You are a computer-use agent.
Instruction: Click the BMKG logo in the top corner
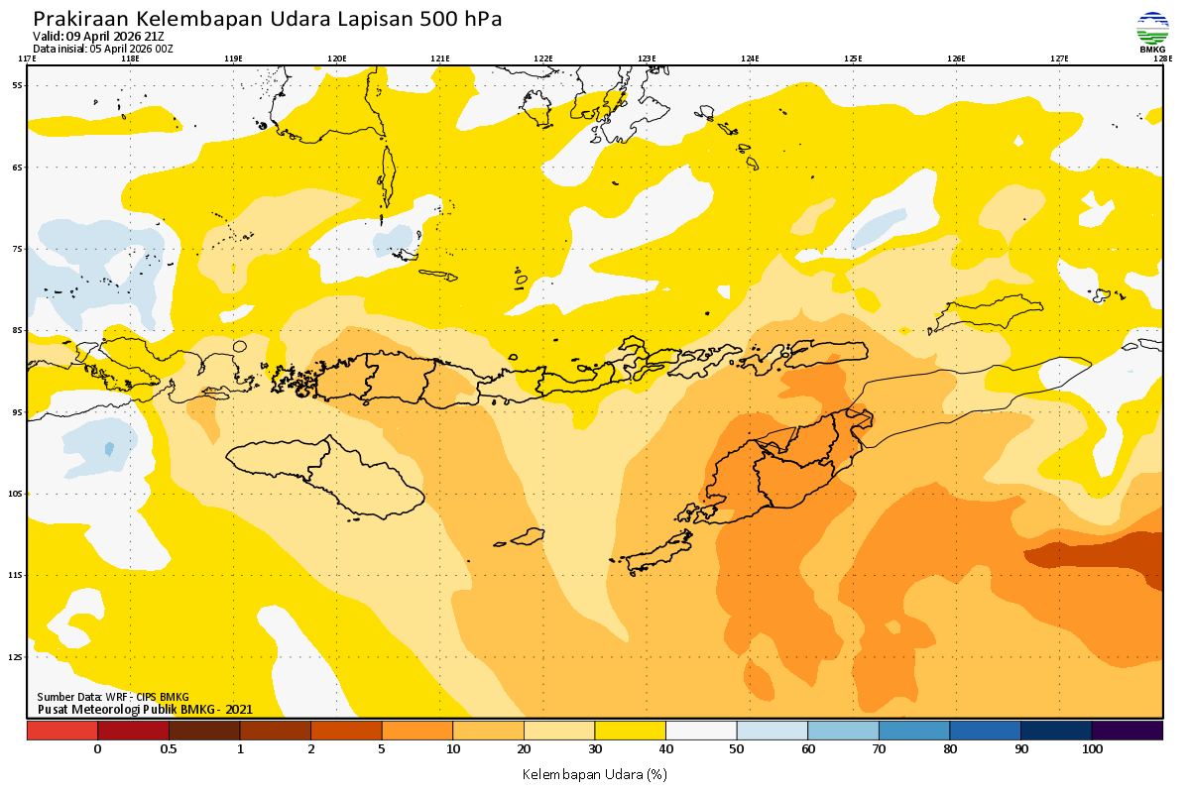(x=1152, y=32)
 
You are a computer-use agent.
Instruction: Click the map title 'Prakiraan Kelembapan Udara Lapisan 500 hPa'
(x=267, y=19)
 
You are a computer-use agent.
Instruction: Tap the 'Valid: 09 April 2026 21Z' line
(x=98, y=37)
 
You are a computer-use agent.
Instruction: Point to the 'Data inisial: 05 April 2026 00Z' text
(x=103, y=49)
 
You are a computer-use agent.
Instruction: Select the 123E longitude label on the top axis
(x=647, y=58)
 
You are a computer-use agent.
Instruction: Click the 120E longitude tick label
(x=337, y=58)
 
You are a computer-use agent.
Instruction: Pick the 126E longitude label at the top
(x=956, y=58)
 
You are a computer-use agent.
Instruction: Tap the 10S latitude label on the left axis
(x=17, y=494)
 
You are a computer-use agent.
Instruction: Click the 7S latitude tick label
(x=17, y=249)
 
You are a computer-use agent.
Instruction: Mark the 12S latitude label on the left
(x=17, y=657)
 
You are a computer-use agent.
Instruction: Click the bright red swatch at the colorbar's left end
(x=61, y=731)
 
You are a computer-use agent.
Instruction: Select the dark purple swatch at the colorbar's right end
(x=1128, y=731)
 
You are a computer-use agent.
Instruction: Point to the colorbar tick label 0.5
(x=169, y=749)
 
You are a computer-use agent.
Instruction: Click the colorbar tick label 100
(x=1092, y=749)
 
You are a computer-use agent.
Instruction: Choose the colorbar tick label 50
(x=737, y=749)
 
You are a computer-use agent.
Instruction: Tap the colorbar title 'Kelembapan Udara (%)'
(x=594, y=773)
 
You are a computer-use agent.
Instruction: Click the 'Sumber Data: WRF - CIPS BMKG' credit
(x=113, y=697)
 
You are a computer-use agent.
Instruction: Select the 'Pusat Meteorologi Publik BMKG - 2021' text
(x=145, y=709)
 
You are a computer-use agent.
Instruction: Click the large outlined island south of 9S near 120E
(x=327, y=476)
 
